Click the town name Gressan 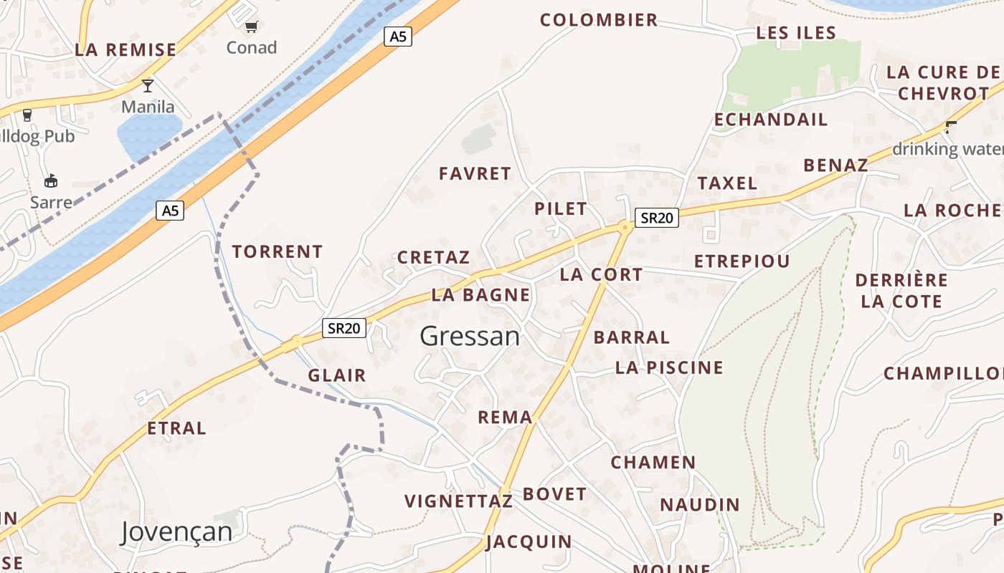tap(470, 336)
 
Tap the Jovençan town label tap(176, 532)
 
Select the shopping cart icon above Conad tap(251, 27)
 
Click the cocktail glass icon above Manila tap(148, 86)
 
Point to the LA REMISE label tap(126, 50)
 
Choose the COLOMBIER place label tap(599, 20)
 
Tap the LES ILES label tap(796, 33)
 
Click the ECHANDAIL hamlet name tap(771, 120)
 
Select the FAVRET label tap(475, 173)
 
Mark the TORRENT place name tap(278, 252)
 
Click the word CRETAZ tap(434, 257)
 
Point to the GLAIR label tap(337, 375)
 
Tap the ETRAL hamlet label tap(176, 428)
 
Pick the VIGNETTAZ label tap(459, 501)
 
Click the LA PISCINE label tap(669, 368)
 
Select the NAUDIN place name tap(700, 505)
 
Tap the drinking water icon tap(951, 128)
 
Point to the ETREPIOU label tap(742, 261)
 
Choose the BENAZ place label tap(835, 165)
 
